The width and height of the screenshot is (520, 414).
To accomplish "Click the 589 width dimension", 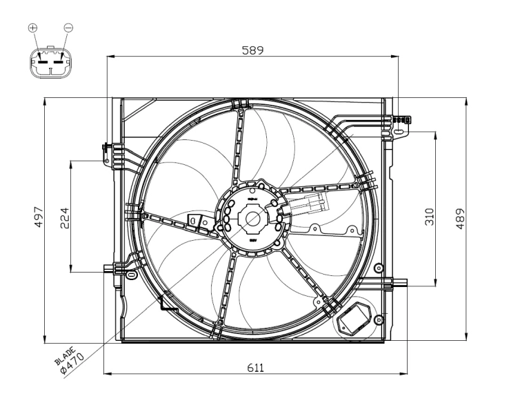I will (252, 50).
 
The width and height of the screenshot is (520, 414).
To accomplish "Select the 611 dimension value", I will (256, 368).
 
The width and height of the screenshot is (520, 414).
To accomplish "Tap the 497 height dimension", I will (39, 218).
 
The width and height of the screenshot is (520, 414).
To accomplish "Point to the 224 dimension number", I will (66, 218).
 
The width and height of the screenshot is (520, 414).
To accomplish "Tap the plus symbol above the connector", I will (32, 28).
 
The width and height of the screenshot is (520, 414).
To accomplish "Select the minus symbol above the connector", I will (68, 28).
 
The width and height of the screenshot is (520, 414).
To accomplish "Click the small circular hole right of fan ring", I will (377, 268).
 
